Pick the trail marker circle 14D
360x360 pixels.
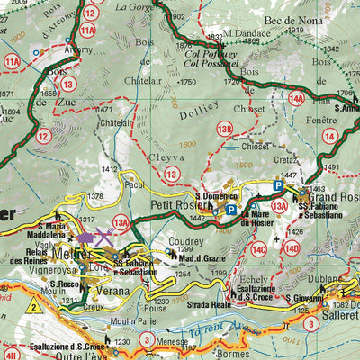coord(292,247)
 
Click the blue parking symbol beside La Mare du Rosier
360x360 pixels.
coord(231,210)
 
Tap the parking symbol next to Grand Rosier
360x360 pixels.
coord(278,186)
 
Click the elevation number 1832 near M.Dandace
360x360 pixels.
coord(214,37)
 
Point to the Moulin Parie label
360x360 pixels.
coord(131,321)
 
